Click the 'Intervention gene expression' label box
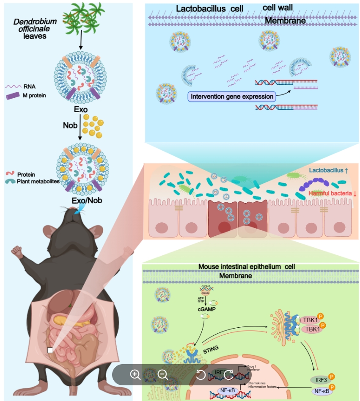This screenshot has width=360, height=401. point(231,97)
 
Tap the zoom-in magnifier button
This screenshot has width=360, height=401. point(135,374)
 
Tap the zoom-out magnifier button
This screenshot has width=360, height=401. point(162,374)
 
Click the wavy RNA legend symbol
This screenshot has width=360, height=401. point(14,86)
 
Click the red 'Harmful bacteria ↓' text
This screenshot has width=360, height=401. point(333,194)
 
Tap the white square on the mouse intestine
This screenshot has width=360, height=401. point(50,350)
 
